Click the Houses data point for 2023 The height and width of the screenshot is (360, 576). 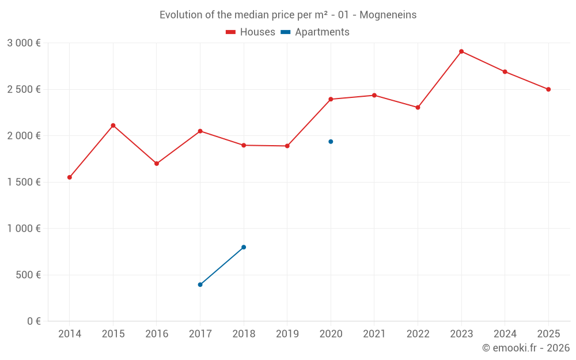(461, 51)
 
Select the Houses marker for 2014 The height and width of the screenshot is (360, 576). (70, 177)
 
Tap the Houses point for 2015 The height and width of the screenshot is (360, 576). (113, 126)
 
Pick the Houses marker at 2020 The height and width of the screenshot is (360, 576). (331, 99)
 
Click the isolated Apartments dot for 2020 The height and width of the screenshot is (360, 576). (331, 142)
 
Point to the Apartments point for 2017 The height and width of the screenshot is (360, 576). (200, 285)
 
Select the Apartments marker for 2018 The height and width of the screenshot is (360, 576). (244, 247)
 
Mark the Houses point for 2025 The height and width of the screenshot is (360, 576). (548, 89)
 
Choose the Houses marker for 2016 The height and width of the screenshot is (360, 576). (157, 164)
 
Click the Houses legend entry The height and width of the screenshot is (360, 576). (251, 32)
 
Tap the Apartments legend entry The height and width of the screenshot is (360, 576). (316, 32)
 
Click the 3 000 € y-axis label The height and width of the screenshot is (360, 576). (24, 43)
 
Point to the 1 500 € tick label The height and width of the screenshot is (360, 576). (24, 182)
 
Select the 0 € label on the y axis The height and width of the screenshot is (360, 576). (33, 321)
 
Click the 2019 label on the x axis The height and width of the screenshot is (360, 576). (287, 334)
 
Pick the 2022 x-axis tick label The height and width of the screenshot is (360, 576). (418, 334)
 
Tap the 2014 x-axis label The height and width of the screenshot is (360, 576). (70, 334)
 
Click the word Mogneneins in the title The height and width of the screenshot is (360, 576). (388, 15)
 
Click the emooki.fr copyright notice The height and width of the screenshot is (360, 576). (525, 348)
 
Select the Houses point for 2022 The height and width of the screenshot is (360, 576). (418, 107)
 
